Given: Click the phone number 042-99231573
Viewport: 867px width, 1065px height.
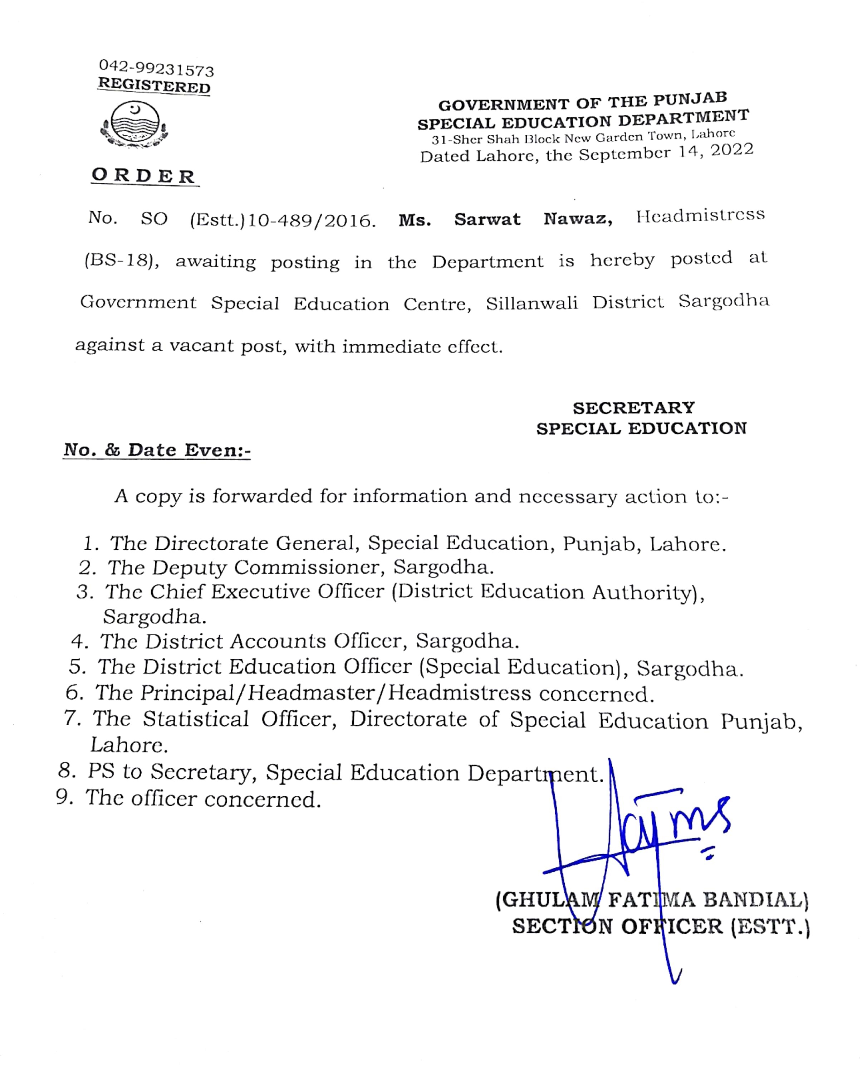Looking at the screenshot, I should pos(156,68).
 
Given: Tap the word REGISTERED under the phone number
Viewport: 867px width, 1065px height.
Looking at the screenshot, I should pos(154,86).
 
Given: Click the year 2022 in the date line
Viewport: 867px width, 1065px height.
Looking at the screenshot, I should pos(732,150).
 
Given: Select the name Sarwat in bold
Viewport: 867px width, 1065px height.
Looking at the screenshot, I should pos(487,219).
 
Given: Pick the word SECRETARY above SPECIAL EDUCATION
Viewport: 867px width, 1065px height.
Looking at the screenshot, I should pos(633,408).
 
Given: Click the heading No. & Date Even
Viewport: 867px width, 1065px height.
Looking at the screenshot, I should pos(157,450).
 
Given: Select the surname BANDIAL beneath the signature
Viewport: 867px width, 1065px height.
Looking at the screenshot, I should pos(756,900).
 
